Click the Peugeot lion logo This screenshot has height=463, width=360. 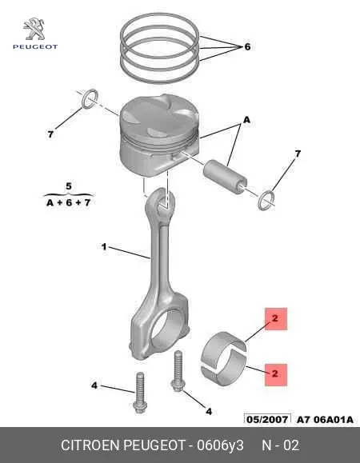click(x=34, y=29)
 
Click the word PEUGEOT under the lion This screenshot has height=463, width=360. click(x=35, y=46)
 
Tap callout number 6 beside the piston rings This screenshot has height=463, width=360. click(x=247, y=46)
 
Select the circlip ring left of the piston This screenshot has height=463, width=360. click(x=90, y=98)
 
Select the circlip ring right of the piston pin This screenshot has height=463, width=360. click(x=266, y=201)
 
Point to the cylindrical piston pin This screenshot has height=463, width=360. click(x=226, y=176)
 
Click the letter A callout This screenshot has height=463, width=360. click(x=246, y=120)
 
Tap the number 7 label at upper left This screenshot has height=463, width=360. click(x=50, y=134)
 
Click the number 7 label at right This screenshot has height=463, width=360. click(x=298, y=154)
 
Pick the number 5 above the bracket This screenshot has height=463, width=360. click(x=69, y=186)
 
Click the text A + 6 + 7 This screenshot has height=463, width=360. click(x=69, y=202)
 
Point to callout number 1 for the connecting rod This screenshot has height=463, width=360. click(x=104, y=246)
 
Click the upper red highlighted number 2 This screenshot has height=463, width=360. click(x=275, y=318)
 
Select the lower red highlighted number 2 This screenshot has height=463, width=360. click(x=275, y=374)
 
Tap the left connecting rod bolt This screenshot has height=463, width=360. click(x=139, y=393)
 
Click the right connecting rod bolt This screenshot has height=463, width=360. click(x=178, y=371)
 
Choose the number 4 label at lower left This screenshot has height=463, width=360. click(x=94, y=385)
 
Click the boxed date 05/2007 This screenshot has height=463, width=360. click(x=267, y=419)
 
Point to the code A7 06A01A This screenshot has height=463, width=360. click(x=325, y=420)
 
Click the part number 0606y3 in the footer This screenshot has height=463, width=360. click(x=220, y=445)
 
